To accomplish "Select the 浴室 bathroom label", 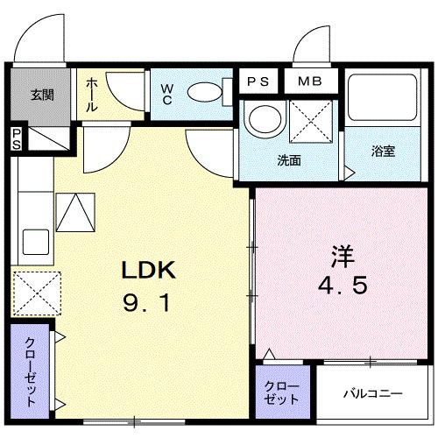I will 383,151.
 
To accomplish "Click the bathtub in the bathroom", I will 383,101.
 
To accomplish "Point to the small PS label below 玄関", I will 16,138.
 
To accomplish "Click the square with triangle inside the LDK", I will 74,211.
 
